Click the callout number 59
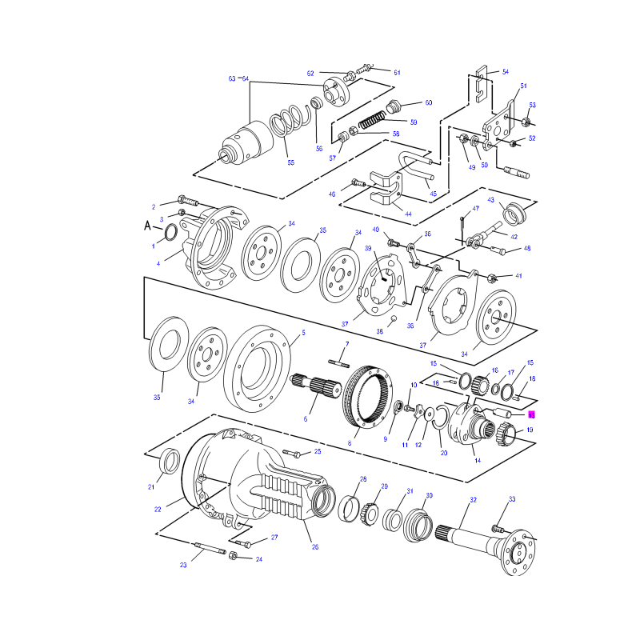(x=414, y=122)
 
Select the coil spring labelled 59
(x=372, y=121)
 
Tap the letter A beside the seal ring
(x=147, y=226)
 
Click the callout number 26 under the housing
(x=315, y=547)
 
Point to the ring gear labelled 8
(x=367, y=397)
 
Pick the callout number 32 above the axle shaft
(x=473, y=499)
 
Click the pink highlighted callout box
(x=531, y=414)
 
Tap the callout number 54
(x=506, y=72)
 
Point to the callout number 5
(x=303, y=333)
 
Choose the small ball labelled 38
(x=394, y=318)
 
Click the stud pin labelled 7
(x=338, y=362)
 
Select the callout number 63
(x=232, y=78)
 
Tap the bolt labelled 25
(x=291, y=453)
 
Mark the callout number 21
(x=151, y=486)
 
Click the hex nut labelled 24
(x=233, y=555)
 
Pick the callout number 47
(x=475, y=208)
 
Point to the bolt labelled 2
(x=188, y=201)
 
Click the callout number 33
(x=512, y=498)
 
